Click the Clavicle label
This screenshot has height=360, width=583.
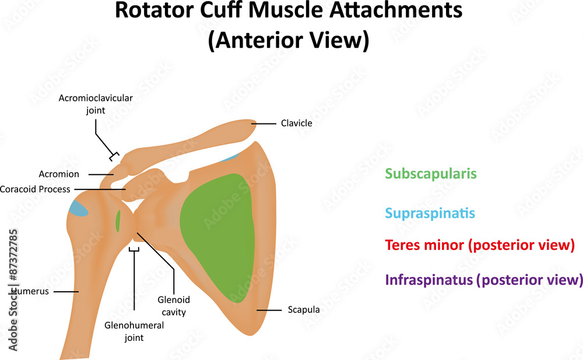pos(296,123)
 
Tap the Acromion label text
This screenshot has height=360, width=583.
pos(59,174)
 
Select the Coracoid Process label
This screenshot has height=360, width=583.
pos(35,189)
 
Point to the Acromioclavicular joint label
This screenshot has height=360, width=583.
pos(96,104)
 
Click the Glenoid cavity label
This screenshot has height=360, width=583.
pos(173,306)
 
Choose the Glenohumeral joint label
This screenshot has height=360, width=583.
pos(134,331)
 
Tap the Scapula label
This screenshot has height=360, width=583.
pos(303,310)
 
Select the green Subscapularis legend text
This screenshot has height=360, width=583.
pos(431,174)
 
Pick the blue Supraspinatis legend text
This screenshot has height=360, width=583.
pos(430,213)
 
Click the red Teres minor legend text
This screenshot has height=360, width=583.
pos(480,245)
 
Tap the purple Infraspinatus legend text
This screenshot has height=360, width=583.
pos(484,280)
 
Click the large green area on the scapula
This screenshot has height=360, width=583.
pos(219,233)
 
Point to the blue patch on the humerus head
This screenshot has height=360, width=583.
pos(78,208)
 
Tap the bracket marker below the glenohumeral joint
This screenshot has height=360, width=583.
pos(134,249)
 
